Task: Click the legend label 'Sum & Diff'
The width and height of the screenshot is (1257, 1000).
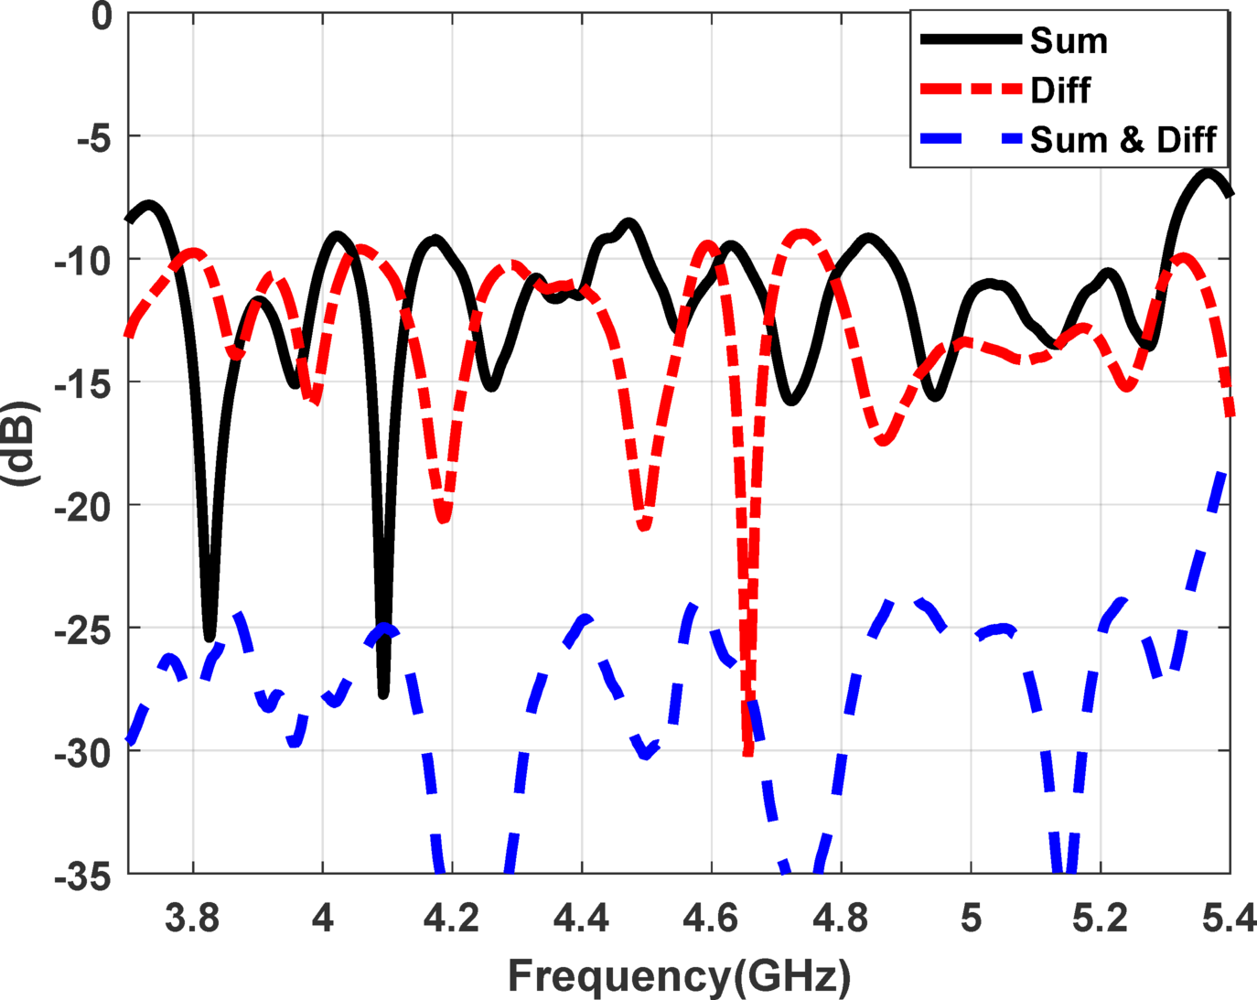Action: point(1123,140)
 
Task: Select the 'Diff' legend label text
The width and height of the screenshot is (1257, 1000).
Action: point(1060,91)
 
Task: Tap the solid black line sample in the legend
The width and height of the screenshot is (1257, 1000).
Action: point(970,39)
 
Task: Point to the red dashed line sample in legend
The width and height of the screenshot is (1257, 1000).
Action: point(970,90)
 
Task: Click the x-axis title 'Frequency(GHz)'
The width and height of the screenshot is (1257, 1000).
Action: point(679,975)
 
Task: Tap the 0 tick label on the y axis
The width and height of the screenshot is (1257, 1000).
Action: point(101,16)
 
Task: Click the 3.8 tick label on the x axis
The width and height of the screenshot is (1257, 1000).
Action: point(192,918)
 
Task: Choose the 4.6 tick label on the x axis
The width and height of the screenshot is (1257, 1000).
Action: point(711,918)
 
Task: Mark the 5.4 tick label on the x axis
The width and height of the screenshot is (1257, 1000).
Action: point(1229,918)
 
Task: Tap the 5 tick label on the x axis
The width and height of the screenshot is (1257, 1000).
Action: point(971,918)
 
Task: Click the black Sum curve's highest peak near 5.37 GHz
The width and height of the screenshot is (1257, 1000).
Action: point(1209,172)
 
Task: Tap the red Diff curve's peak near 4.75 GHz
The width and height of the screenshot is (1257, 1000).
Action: point(802,235)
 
